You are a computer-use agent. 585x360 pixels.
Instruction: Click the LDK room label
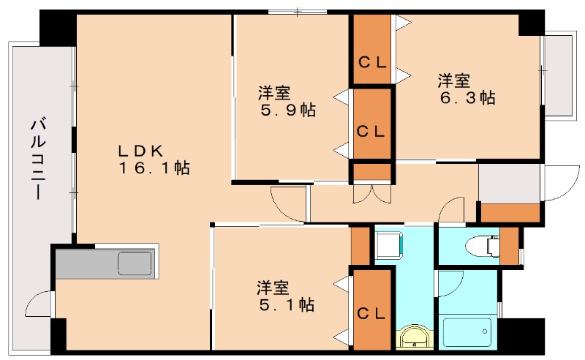point(140,151)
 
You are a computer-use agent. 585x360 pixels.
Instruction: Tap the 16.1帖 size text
point(155,168)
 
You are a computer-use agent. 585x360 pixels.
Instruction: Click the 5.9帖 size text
point(288,110)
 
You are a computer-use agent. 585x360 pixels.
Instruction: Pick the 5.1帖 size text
point(287,304)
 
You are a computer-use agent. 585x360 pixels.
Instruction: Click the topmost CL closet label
point(372,62)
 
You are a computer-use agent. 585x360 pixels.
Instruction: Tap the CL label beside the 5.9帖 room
point(372,132)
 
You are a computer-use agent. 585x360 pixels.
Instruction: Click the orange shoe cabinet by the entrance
point(510,212)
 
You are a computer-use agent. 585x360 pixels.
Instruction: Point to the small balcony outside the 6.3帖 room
point(559,73)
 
